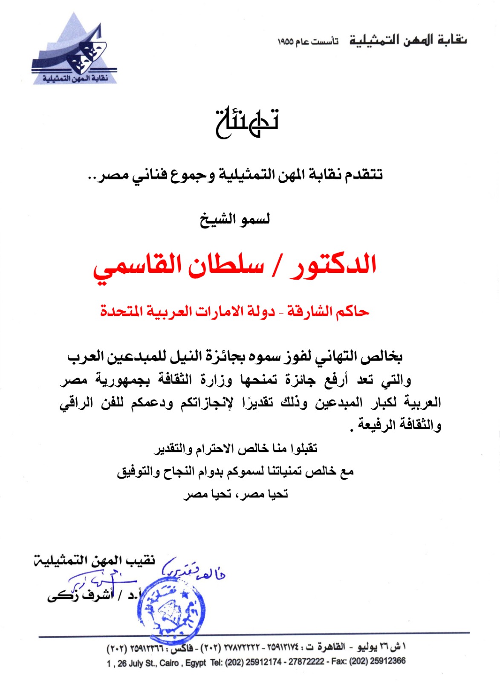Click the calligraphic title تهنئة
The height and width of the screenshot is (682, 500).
click(247, 122)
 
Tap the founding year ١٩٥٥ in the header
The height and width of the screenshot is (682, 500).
click(286, 42)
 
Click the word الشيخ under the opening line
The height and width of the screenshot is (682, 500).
click(218, 220)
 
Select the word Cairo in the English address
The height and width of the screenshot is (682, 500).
click(169, 664)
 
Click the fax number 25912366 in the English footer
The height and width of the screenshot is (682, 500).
click(388, 661)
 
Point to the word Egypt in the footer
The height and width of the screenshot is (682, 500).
click(195, 664)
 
